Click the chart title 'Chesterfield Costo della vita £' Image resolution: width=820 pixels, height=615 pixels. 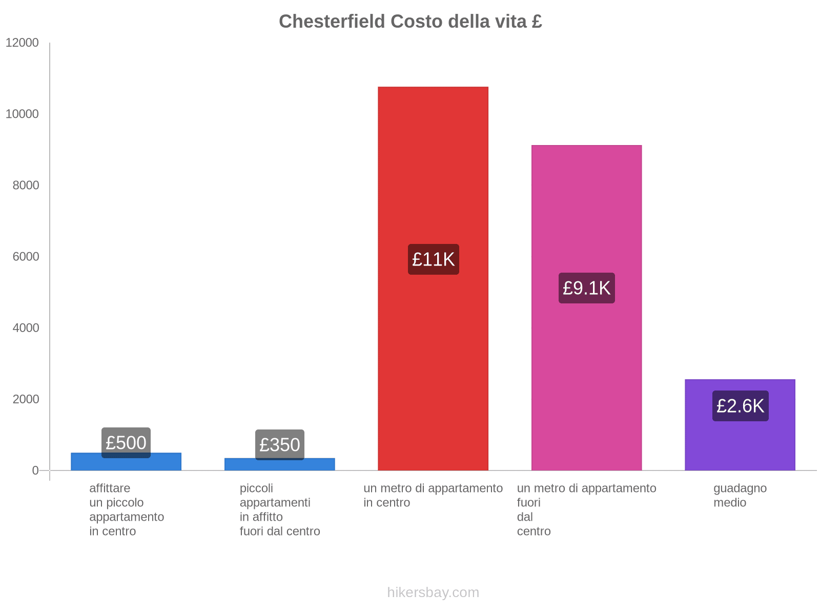(x=410, y=22)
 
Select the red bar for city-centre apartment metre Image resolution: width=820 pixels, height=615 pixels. (x=433, y=359)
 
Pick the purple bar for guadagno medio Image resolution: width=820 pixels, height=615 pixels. (x=740, y=441)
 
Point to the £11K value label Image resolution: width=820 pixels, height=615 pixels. (x=433, y=259)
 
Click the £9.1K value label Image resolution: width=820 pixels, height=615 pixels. (x=586, y=288)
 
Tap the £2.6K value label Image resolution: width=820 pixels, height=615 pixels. (x=740, y=406)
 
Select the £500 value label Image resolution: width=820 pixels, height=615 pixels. (x=126, y=442)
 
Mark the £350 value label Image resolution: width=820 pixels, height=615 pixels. (x=279, y=444)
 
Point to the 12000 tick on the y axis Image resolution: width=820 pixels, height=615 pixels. (x=22, y=43)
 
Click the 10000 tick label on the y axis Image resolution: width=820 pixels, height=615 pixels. (x=22, y=114)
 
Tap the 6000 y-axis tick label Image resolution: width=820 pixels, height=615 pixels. (x=26, y=256)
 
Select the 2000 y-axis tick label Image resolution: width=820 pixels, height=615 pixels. (x=26, y=399)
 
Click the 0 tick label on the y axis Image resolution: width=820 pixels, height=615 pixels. (x=35, y=470)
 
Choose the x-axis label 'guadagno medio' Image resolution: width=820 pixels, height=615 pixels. (x=740, y=495)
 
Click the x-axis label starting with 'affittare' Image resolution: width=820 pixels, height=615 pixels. (x=126, y=509)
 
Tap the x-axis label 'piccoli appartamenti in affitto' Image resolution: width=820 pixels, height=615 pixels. (x=279, y=509)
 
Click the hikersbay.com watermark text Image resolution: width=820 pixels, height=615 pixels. (x=433, y=592)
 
